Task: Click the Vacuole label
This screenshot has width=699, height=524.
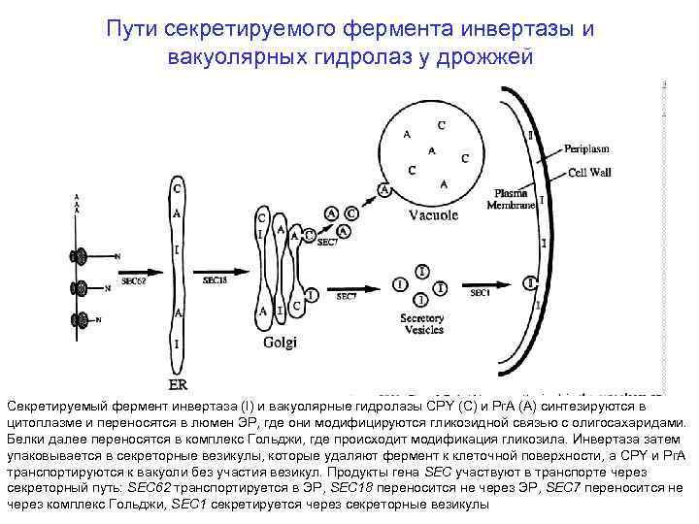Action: pos(433,215)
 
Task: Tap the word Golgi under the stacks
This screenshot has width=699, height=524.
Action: pos(281,341)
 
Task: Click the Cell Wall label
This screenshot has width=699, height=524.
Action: pos(589,172)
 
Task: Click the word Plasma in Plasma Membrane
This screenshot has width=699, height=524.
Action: pos(511,194)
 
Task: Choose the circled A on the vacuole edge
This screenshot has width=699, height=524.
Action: pos(384,191)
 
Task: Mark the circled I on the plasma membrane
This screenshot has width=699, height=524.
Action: pos(529,282)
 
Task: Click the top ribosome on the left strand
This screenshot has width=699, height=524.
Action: pos(78,257)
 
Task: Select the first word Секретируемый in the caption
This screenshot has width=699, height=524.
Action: pos(59,405)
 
